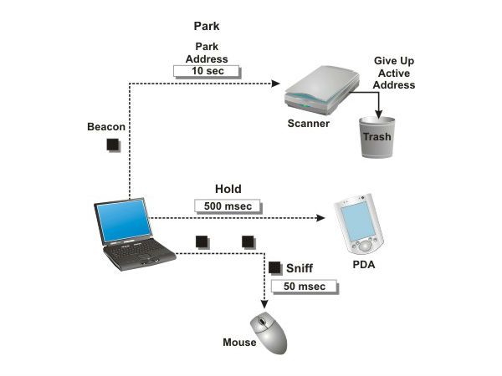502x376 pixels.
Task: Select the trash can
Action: click(376, 136)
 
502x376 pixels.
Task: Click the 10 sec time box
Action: click(206, 71)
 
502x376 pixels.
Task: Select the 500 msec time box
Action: click(228, 206)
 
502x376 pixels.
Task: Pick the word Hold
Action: click(228, 190)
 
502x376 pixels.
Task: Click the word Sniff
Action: click(300, 268)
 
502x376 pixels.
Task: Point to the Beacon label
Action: click(106, 127)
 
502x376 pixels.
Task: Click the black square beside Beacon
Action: click(113, 145)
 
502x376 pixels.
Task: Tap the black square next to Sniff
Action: click(275, 267)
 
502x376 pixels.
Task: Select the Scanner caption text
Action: click(307, 124)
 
